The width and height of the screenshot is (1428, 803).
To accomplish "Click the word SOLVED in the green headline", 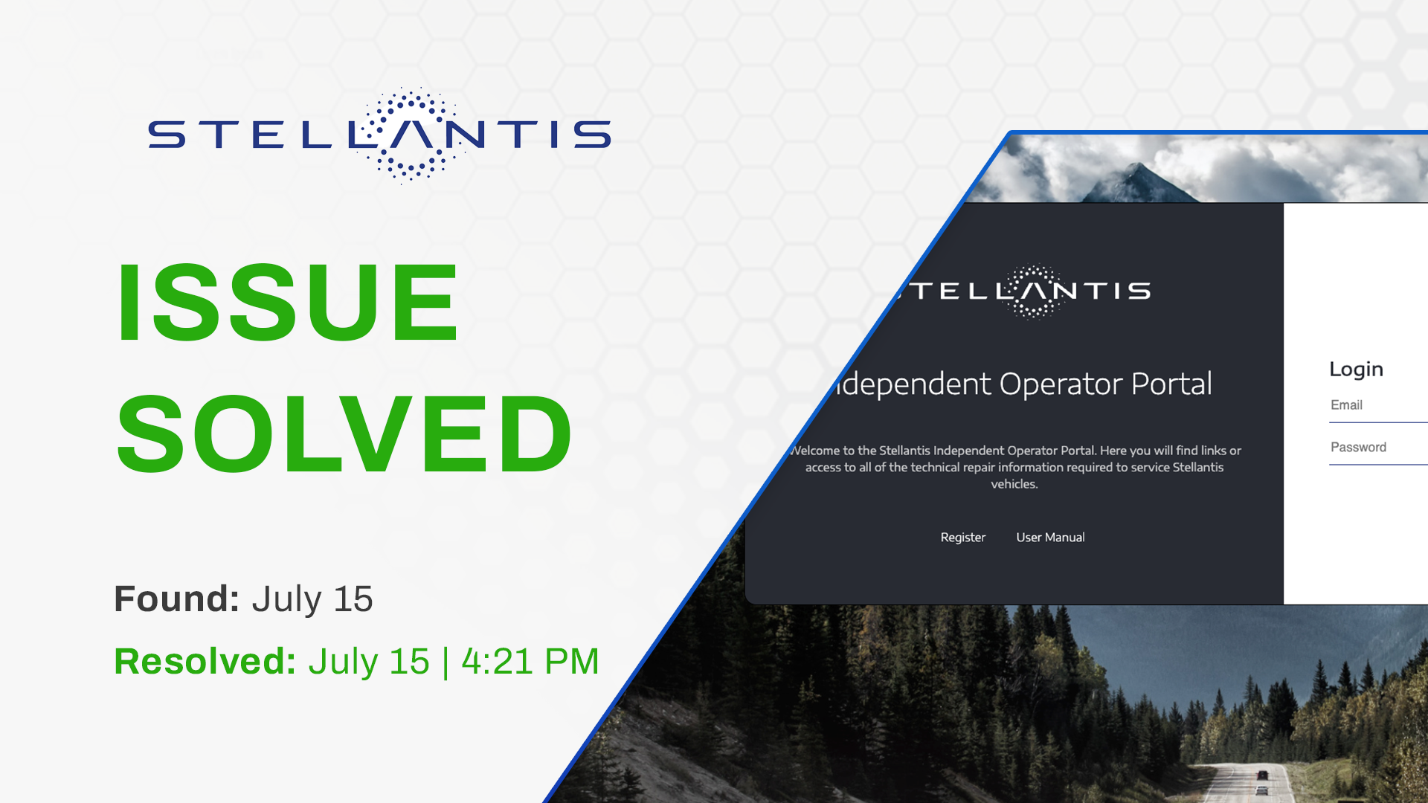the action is tap(344, 434).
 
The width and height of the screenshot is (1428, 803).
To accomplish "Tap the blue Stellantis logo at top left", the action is tap(379, 135).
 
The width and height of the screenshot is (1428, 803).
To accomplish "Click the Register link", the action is tap(963, 538).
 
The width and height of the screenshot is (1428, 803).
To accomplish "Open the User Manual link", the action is tap(1050, 538).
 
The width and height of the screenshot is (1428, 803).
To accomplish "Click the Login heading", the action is tap(1356, 370).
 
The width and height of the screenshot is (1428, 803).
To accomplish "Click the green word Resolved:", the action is tap(205, 662).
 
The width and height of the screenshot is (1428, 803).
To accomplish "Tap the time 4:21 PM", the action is tap(530, 662).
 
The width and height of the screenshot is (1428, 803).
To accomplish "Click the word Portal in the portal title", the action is tap(1171, 384).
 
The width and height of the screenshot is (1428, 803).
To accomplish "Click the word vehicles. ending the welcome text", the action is tap(1014, 484).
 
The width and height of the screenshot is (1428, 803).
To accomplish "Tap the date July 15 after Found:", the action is tap(312, 599).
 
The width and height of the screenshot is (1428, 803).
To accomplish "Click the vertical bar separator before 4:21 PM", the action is tap(446, 662).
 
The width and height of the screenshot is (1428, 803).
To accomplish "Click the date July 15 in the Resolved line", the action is tap(369, 662).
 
